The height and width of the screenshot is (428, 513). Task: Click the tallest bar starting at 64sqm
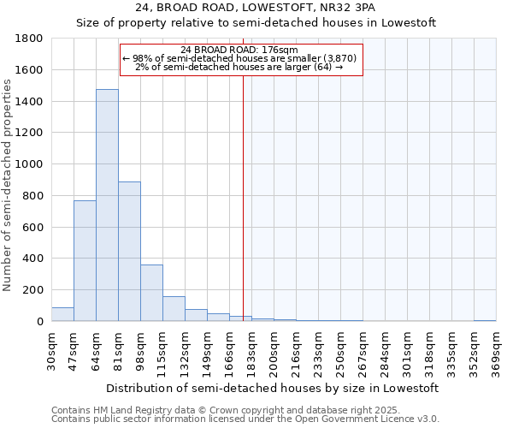[107, 205]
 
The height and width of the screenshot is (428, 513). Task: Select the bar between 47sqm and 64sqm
[85, 261]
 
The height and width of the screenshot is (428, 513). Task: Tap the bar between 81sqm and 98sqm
[129, 252]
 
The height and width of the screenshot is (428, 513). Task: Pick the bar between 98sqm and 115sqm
[151, 293]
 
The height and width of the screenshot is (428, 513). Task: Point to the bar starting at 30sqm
[62, 314]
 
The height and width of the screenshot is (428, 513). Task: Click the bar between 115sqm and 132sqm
[174, 309]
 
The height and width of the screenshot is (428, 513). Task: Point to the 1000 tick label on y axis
[32, 164]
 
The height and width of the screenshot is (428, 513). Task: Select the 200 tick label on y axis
[36, 290]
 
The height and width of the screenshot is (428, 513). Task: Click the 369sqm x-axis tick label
[495, 351]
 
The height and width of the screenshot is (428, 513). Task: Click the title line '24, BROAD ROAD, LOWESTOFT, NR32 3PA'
[256, 7]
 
